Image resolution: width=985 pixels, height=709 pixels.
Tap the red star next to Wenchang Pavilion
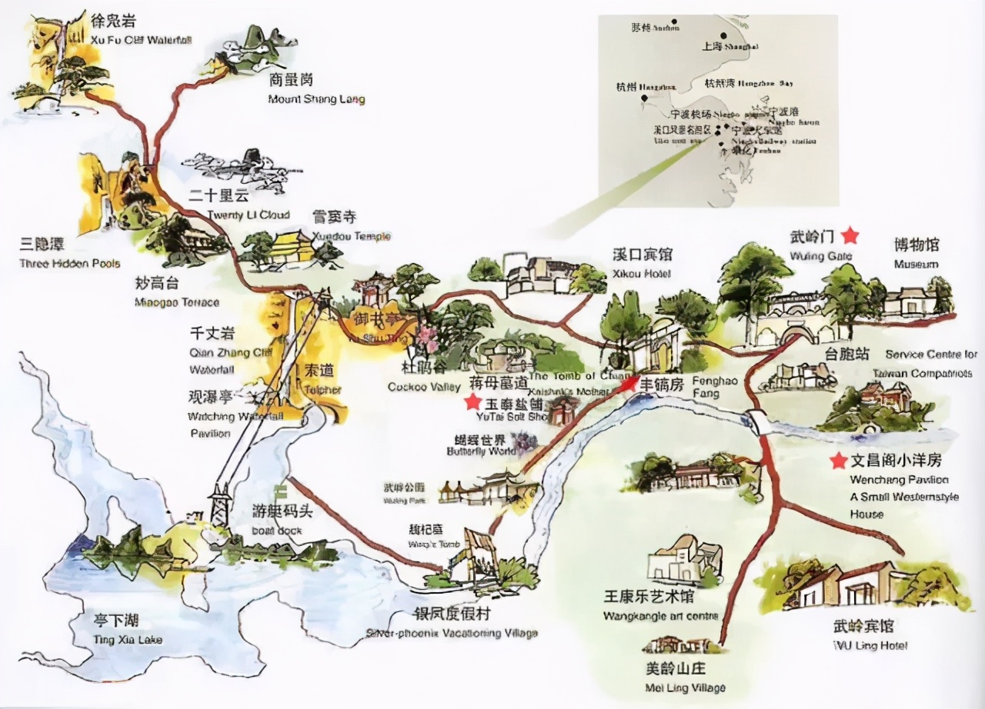pos(838,461)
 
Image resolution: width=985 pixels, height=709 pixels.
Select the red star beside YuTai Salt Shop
pos(472,401)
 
